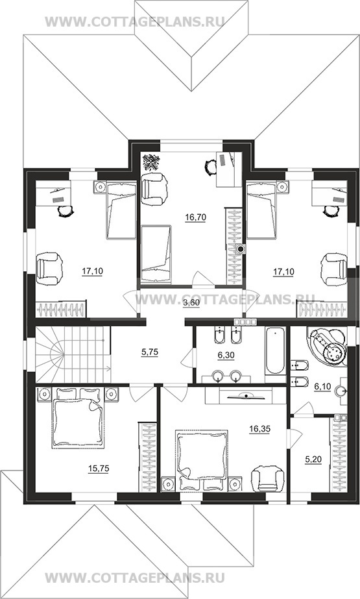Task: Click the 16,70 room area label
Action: click(195, 218)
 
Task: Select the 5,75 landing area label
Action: click(150, 353)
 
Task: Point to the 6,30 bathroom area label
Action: click(226, 356)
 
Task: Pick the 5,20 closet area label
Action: click(313, 461)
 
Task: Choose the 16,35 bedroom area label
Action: click(259, 429)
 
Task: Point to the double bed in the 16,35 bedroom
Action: click(201, 460)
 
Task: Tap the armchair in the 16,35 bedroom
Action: click(268, 478)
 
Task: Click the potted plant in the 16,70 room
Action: click(151, 162)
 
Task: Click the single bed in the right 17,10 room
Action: click(261, 210)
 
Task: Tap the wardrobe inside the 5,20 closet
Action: click(338, 454)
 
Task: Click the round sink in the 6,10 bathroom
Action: click(341, 391)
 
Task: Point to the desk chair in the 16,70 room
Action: click(210, 167)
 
